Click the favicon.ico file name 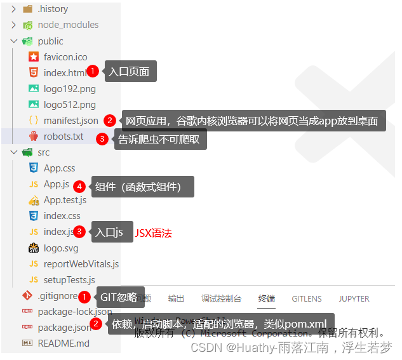pyautogui.click(x=65, y=57)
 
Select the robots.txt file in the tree pyautogui.click(x=64, y=137)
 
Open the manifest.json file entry pyautogui.click(x=70, y=120)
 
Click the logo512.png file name pyautogui.click(x=70, y=104)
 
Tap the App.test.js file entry pyautogui.click(x=65, y=200)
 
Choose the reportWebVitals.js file pyautogui.click(x=81, y=263)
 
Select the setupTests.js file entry pyautogui.click(x=69, y=279)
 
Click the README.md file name pyautogui.click(x=64, y=343)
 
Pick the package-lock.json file pyautogui.click(x=74, y=312)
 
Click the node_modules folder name pyautogui.click(x=68, y=25)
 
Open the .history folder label pyautogui.click(x=53, y=9)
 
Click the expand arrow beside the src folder pyautogui.click(x=14, y=152)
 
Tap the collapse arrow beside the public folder pyautogui.click(x=14, y=41)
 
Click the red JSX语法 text pyautogui.click(x=153, y=233)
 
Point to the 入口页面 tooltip pyautogui.click(x=129, y=72)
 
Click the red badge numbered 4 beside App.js pyautogui.click(x=79, y=187)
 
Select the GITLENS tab pyautogui.click(x=307, y=298)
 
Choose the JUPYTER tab pyautogui.click(x=354, y=298)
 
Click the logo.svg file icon pyautogui.click(x=34, y=248)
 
